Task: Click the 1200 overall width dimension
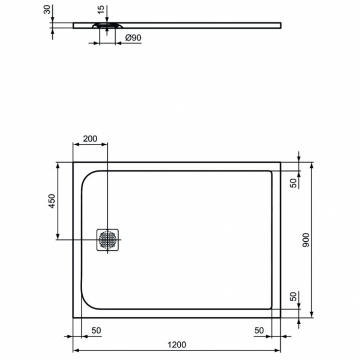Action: [x=176, y=344]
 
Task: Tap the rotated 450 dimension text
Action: [x=52, y=201]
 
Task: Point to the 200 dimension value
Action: [x=89, y=139]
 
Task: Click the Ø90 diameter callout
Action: [x=133, y=38]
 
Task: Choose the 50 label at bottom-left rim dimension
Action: [x=96, y=331]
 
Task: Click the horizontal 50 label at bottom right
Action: [x=259, y=331]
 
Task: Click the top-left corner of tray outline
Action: [x=73, y=161]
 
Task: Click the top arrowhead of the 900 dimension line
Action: [x=313, y=164]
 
